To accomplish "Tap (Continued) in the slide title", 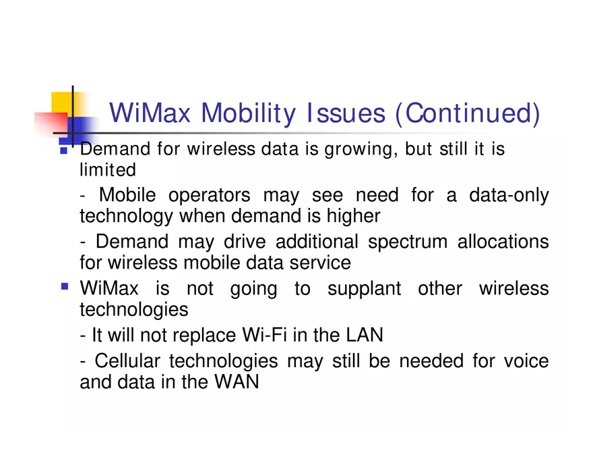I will click(467, 113).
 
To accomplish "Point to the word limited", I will click(108, 169).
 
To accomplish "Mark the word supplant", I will click(364, 289).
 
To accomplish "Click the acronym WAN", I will click(237, 381).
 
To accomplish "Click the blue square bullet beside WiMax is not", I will click(65, 286).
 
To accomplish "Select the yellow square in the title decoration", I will click(62, 101).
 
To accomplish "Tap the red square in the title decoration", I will click(51, 123).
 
